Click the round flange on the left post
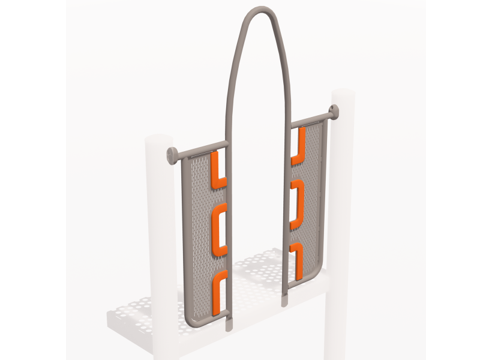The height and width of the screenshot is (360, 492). [x=170, y=154]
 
